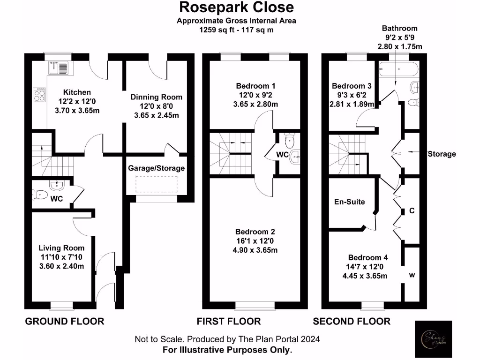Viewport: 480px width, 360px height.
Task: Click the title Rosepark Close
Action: (x=237, y=7)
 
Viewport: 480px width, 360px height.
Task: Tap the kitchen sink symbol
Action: (x=58, y=68)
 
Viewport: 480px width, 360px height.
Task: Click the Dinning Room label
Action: (x=156, y=97)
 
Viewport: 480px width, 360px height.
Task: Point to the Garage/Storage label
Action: (x=157, y=168)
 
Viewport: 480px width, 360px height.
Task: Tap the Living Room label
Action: (x=61, y=248)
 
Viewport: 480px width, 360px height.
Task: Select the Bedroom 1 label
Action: (x=255, y=86)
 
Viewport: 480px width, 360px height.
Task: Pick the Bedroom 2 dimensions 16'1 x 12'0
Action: (x=255, y=241)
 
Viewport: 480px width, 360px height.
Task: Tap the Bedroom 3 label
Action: (x=351, y=86)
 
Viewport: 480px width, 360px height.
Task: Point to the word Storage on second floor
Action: (x=442, y=154)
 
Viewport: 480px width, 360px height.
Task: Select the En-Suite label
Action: (x=349, y=202)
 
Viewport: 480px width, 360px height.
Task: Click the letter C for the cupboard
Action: (x=412, y=211)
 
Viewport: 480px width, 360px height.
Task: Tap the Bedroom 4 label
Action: (x=367, y=257)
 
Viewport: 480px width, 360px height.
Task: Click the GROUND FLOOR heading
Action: (x=64, y=321)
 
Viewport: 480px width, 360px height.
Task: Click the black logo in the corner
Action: (x=434, y=339)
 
